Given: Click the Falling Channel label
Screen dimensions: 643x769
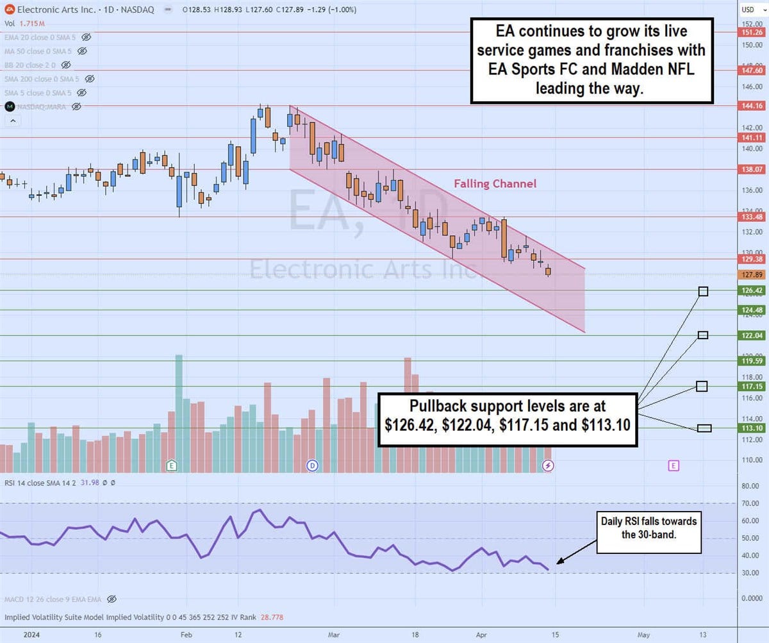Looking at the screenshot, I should tap(495, 184).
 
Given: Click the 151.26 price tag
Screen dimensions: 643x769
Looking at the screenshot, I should tap(752, 32).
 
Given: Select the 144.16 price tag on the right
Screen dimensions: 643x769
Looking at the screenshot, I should tap(752, 106).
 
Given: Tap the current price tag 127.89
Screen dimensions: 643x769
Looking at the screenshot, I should tap(752, 275).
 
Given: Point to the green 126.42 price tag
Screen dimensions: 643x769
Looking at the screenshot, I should tap(752, 290).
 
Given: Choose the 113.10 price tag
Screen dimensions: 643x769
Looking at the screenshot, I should tap(752, 428).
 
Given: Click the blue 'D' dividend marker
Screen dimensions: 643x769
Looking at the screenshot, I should tap(312, 465).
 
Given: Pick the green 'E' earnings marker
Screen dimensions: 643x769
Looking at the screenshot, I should tap(171, 465).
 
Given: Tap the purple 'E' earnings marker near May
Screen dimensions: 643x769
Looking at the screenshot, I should tap(673, 465).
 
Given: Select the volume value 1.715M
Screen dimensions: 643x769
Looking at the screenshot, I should tap(29, 23).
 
